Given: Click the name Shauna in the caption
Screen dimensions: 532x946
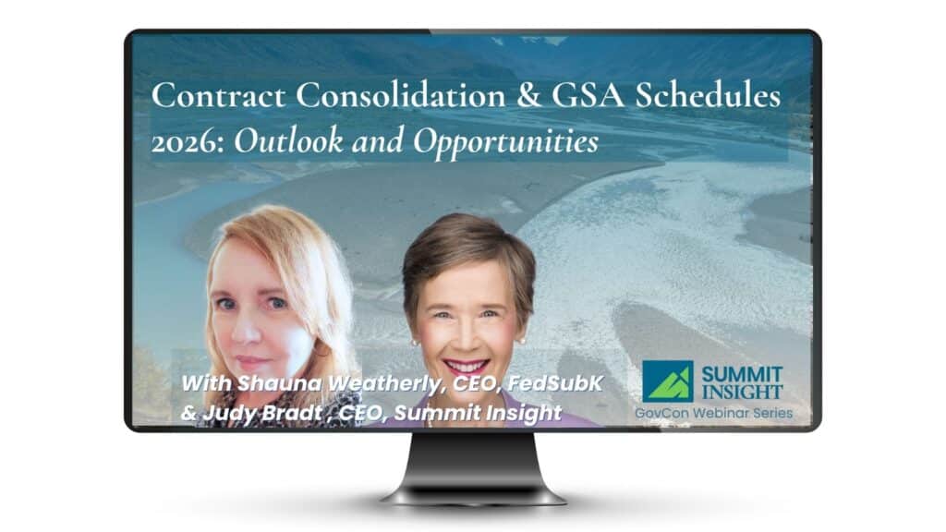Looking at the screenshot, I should click(270, 383).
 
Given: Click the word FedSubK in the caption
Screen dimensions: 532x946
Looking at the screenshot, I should click(558, 383).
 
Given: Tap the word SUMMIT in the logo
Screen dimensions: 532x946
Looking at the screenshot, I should click(742, 373).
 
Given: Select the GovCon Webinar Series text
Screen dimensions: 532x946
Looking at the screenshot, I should click(713, 413).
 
